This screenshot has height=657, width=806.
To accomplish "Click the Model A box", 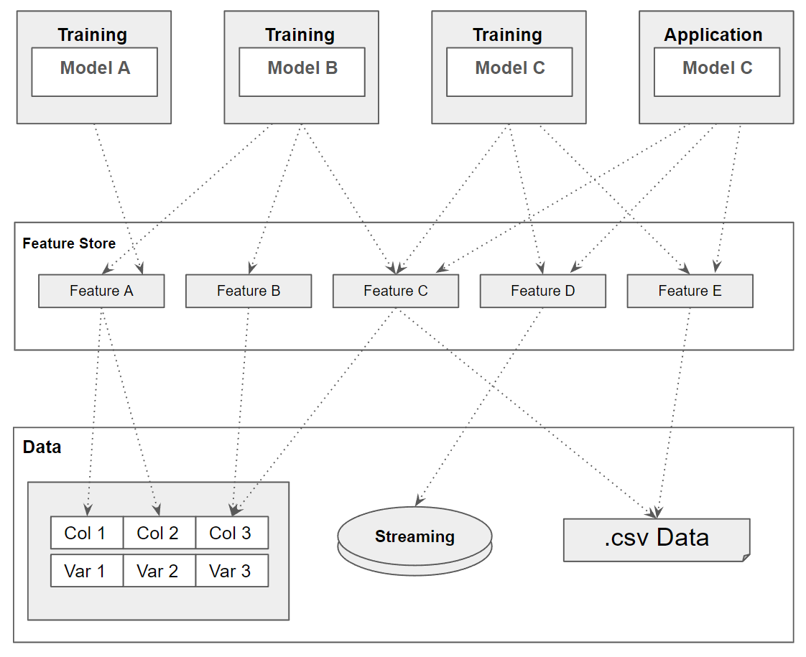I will coord(94,72).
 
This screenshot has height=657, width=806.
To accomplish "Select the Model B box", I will coord(302,72).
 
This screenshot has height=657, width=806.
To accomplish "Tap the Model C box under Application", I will coord(716,72).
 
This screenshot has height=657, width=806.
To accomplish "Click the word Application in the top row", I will coord(713,34).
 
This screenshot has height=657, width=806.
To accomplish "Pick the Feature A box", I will coord(101,291).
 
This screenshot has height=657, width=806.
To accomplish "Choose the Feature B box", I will coord(249,291).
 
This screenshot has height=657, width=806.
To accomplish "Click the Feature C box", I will coord(396,291).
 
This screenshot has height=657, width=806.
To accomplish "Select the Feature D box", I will coord(542,291).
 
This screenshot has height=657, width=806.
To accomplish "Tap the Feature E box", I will coord(690,291).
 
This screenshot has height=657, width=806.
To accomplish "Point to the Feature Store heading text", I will coord(69,243).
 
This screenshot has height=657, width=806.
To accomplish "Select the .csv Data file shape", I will coord(657,539).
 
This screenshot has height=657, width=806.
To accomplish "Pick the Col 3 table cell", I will coord(231,533).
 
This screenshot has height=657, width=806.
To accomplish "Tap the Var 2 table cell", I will coord(159,571).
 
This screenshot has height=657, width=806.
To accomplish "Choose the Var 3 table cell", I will coord(231,571).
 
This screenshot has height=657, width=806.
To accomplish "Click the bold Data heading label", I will coord(42,447).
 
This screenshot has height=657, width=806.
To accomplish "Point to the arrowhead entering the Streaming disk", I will coord(418,500).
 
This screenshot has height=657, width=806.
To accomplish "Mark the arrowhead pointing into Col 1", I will coord(88,511).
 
